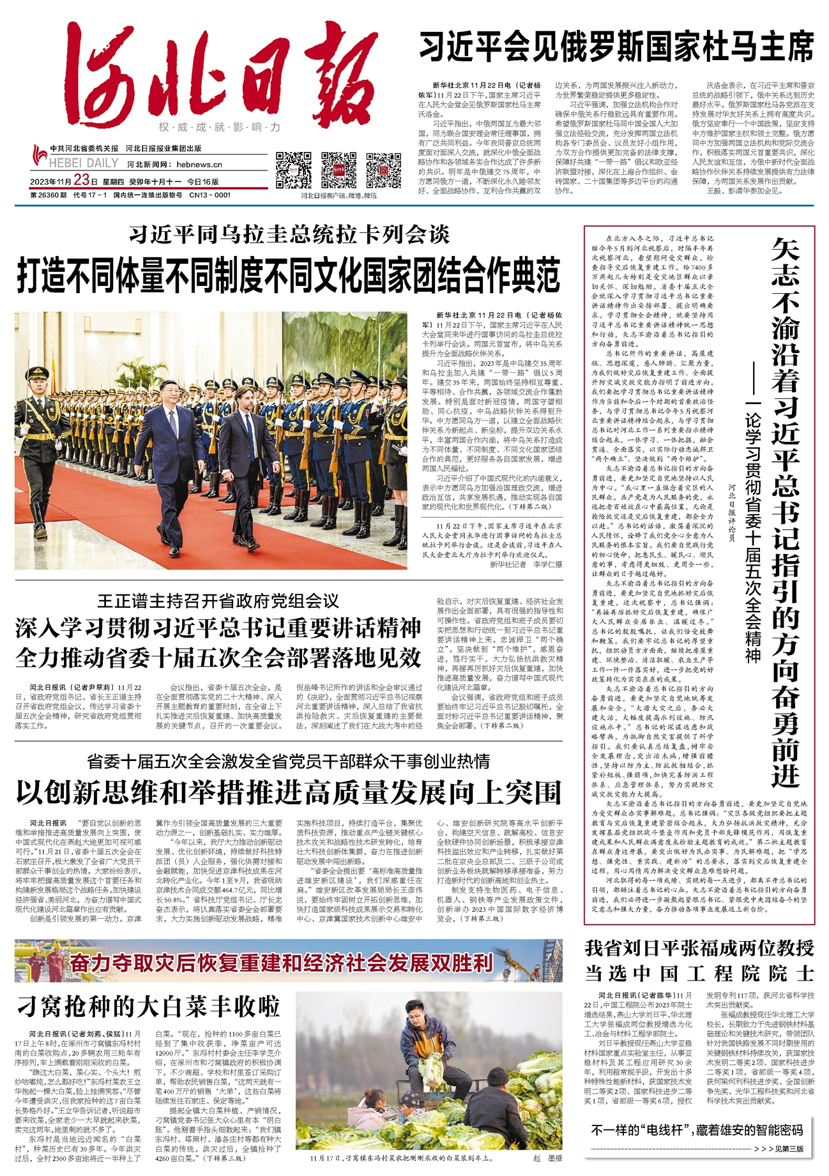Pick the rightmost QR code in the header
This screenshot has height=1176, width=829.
pos(383,170)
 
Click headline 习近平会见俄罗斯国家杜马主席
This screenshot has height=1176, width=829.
pos(616,46)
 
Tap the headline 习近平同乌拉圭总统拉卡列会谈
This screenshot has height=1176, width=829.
pos(289,234)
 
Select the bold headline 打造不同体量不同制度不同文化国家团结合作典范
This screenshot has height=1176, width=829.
pos(289,275)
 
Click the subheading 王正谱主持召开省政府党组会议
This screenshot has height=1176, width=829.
pos(218,601)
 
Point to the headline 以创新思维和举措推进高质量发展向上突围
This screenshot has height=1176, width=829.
pos(289,792)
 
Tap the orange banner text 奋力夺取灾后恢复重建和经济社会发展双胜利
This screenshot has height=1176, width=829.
pos(281,963)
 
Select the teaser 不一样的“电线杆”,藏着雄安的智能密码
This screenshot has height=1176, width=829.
pos(697,1131)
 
